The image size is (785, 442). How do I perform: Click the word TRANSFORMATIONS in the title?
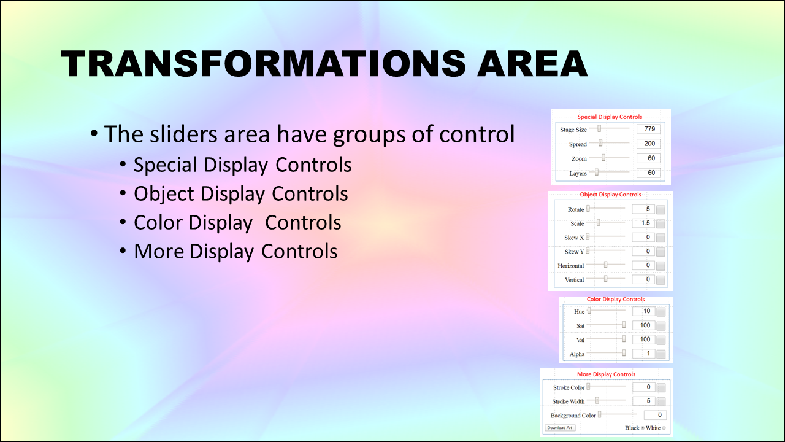coord(263,63)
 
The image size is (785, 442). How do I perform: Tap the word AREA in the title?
coord(532,63)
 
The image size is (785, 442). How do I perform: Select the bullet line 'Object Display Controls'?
coord(241,193)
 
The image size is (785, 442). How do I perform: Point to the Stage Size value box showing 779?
coord(648,129)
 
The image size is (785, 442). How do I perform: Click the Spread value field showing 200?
coord(648,144)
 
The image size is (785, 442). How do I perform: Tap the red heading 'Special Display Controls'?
coord(610,117)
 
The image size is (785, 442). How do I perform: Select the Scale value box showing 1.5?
coord(643,223)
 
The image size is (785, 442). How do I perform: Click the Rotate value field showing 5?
coord(643,209)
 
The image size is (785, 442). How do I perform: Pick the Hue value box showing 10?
coord(644,311)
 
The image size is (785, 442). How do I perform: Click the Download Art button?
coord(560,428)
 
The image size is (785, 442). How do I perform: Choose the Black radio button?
coord(643,428)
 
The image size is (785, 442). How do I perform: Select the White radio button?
coord(664,428)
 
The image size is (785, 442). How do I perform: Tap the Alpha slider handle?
coord(624,353)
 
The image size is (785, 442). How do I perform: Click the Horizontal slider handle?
coord(605,265)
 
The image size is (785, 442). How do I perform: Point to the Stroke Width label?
coord(569,401)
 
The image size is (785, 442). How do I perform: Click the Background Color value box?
coord(655,415)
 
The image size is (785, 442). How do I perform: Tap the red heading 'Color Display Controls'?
coord(616,299)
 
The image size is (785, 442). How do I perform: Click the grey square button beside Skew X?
coord(661,238)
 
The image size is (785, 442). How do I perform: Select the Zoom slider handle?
coord(603,158)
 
